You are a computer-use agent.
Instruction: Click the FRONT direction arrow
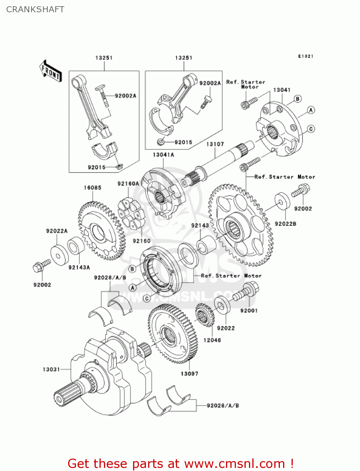51,71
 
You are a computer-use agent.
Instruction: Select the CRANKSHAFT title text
35,9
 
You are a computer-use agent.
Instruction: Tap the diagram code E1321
305,56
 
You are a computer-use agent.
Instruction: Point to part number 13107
215,144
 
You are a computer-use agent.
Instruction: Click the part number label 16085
92,188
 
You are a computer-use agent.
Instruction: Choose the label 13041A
163,155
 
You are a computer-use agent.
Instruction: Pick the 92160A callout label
128,184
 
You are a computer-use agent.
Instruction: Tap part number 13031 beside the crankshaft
51,369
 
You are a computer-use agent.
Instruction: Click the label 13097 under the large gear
189,374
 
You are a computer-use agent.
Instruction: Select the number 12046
212,340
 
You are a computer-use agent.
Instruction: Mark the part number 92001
249,311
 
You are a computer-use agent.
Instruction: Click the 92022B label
285,224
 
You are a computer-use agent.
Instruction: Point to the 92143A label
79,268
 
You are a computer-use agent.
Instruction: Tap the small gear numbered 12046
205,315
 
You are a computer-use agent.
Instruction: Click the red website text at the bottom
180,463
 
